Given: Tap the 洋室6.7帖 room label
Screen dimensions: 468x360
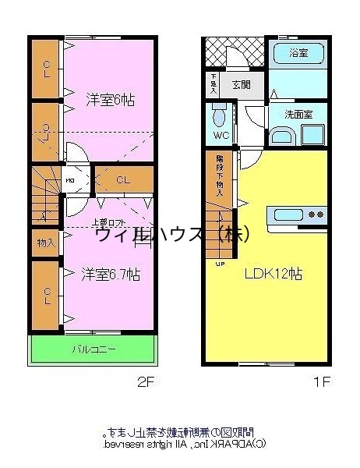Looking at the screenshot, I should click(x=111, y=275).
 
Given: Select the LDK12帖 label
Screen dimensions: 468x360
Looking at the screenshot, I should click(x=274, y=275).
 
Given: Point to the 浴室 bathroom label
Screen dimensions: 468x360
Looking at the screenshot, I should click(x=298, y=54).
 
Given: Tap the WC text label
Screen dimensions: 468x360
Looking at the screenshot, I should click(x=220, y=135).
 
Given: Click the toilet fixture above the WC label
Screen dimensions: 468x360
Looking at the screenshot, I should click(x=220, y=117).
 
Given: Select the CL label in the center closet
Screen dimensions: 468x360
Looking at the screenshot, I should click(x=123, y=180).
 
